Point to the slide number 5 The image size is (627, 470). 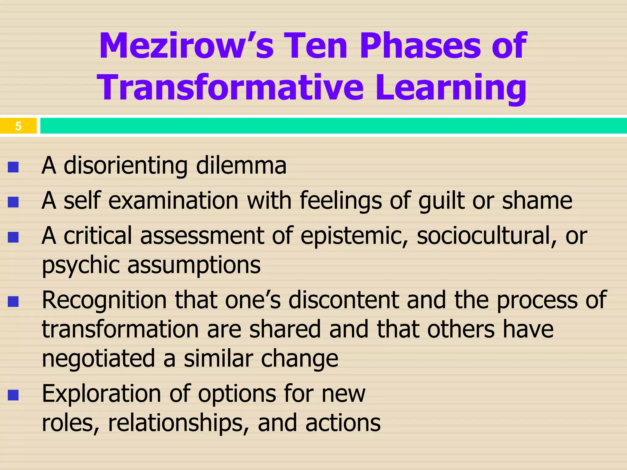[18, 126]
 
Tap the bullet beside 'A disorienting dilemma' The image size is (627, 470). [13, 167]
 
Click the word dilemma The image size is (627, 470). [241, 166]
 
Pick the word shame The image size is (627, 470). [537, 200]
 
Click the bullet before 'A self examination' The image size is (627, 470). [13, 202]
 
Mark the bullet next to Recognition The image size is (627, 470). [13, 302]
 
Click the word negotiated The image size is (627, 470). [98, 358]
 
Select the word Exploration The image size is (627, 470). [101, 394]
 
